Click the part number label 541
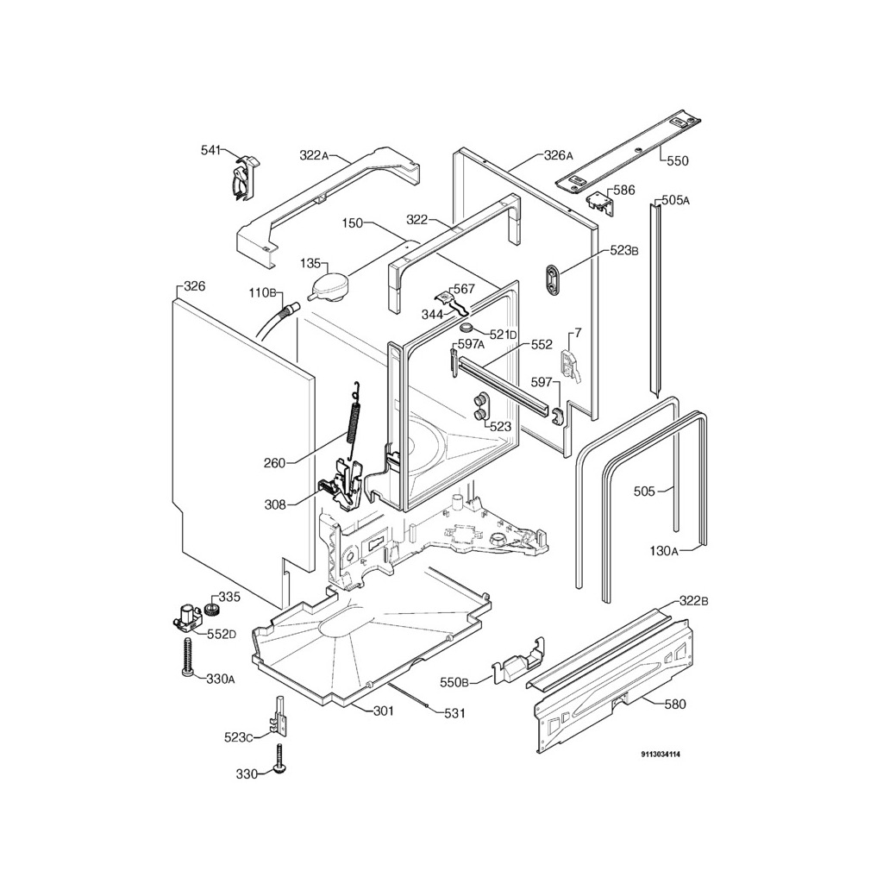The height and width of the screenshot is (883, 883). click(x=210, y=150)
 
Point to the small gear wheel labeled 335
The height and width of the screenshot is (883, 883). click(x=213, y=608)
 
